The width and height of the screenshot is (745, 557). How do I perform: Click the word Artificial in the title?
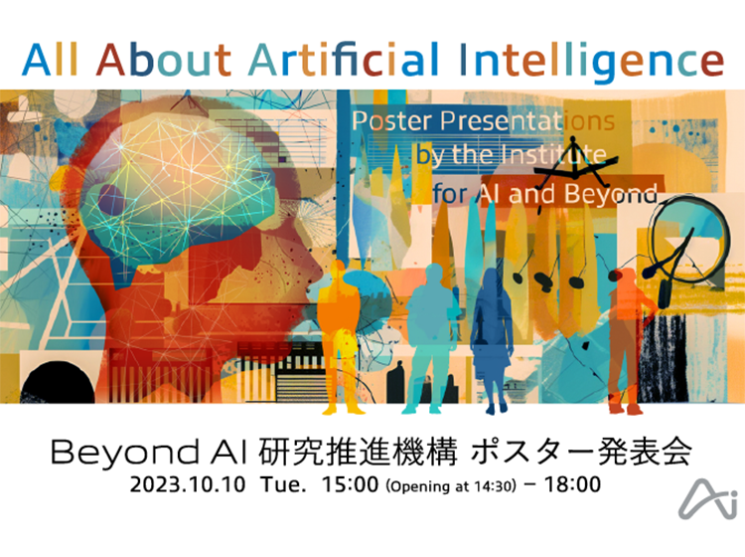(344, 60)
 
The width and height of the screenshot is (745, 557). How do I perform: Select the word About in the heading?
(164, 60)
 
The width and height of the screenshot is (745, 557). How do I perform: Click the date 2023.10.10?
(188, 484)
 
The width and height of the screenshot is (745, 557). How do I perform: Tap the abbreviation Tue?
(283, 484)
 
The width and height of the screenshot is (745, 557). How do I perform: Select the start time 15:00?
(351, 484)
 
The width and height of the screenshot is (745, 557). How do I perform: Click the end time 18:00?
(572, 484)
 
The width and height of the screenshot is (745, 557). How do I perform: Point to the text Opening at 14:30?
(450, 486)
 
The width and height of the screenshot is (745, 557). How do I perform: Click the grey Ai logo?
(708, 498)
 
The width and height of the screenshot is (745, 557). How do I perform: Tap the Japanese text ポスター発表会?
(581, 452)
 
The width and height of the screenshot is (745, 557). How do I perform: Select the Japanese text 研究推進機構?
(359, 452)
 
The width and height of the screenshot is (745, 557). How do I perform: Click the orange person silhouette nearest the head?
(339, 337)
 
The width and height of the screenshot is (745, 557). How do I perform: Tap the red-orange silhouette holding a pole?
(626, 340)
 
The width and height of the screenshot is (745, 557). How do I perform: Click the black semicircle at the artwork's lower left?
(58, 383)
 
